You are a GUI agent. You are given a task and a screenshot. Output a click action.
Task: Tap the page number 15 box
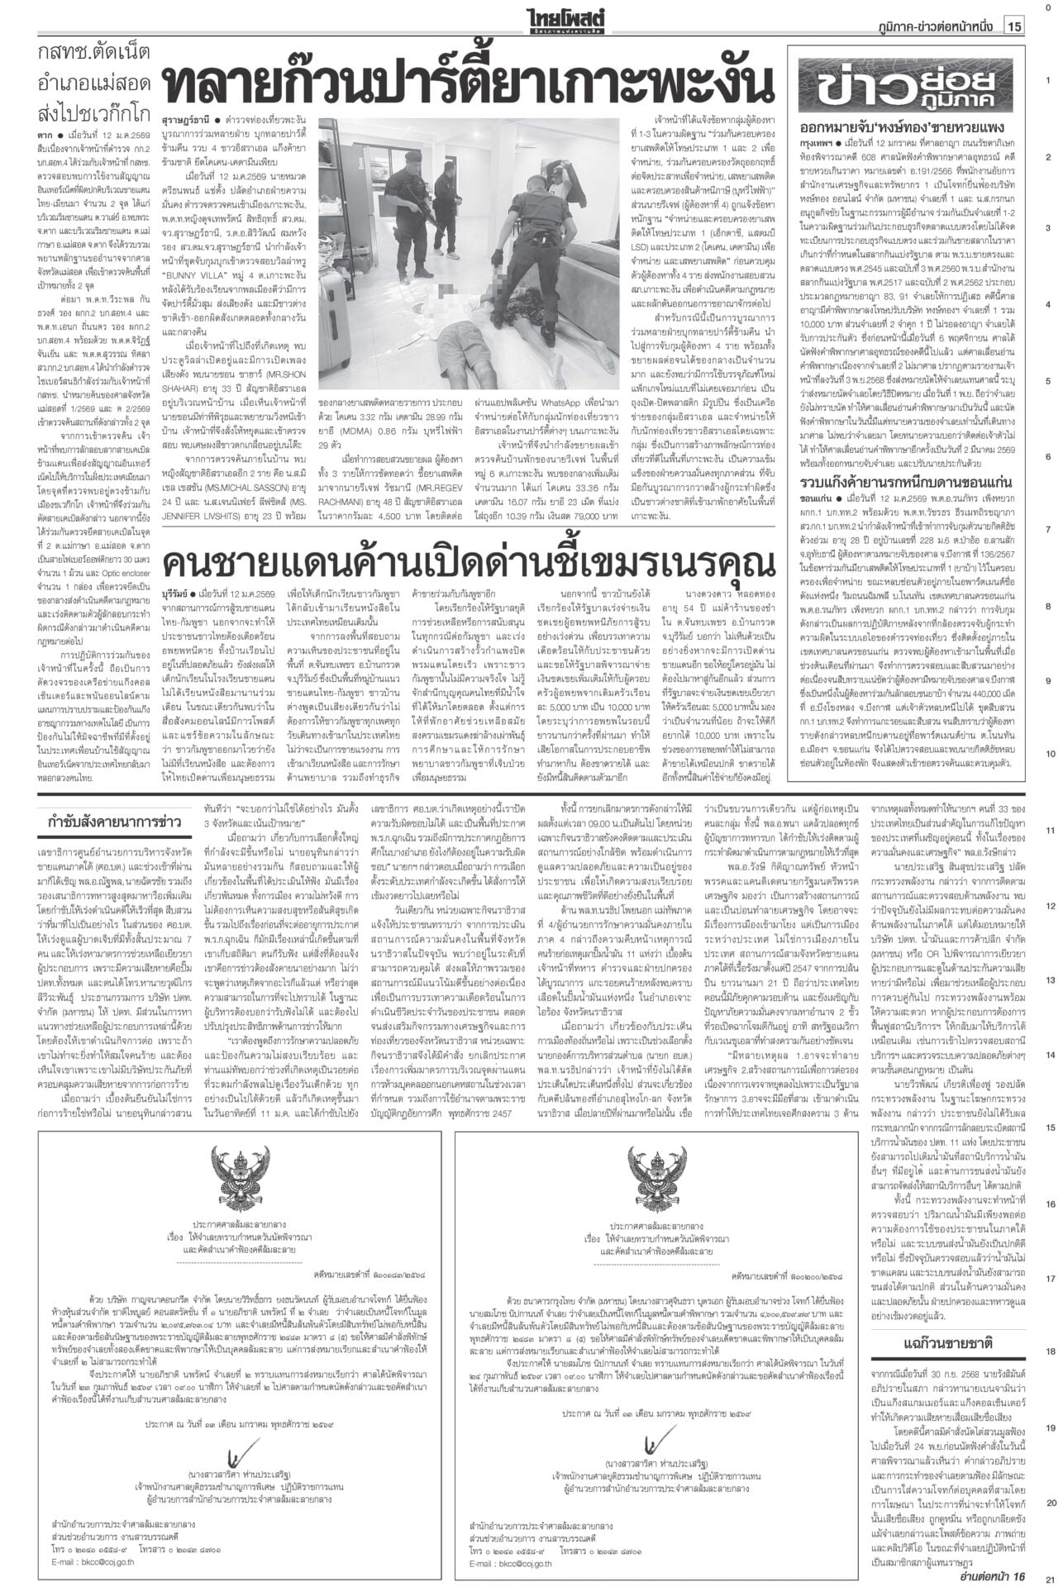(x=1014, y=26)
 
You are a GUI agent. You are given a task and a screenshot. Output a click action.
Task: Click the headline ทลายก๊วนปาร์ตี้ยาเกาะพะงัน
(x=468, y=84)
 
